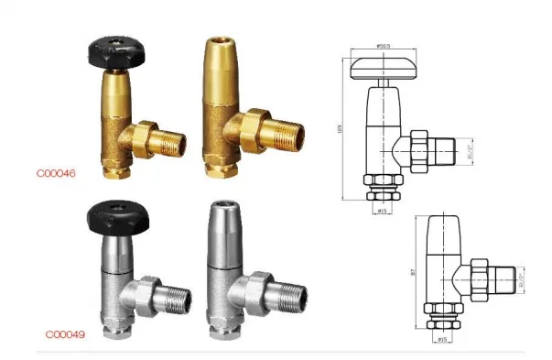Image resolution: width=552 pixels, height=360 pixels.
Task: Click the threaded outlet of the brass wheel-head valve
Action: coord(171,143)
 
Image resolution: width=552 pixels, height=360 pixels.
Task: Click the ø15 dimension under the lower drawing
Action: coord(443,339)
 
